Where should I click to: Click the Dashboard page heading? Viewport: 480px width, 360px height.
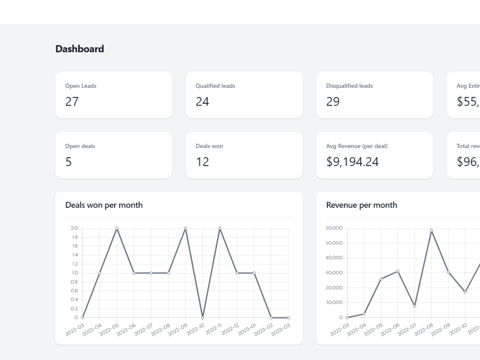pyautogui.click(x=80, y=49)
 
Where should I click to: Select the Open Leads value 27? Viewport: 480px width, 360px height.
pyautogui.click(x=72, y=102)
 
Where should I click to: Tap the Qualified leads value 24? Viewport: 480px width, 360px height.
pyautogui.click(x=202, y=102)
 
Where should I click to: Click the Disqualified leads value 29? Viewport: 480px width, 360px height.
pyautogui.click(x=333, y=102)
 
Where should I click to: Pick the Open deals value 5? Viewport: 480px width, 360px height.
pyautogui.click(x=69, y=162)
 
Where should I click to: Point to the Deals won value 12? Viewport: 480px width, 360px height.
pyautogui.click(x=202, y=162)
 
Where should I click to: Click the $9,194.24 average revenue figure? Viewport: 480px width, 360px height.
pyautogui.click(x=352, y=162)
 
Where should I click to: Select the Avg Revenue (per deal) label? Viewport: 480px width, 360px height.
pyautogui.click(x=357, y=146)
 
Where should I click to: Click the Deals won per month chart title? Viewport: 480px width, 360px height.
pyautogui.click(x=104, y=205)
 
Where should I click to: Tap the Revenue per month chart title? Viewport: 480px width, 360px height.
pyautogui.click(x=361, y=205)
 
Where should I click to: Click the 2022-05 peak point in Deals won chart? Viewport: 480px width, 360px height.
pyautogui.click(x=117, y=228)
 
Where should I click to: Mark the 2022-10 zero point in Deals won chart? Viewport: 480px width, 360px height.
pyautogui.click(x=203, y=317)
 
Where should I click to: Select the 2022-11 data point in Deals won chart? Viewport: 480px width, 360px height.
pyautogui.click(x=220, y=228)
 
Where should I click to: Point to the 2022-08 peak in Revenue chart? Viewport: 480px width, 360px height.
pyautogui.click(x=431, y=230)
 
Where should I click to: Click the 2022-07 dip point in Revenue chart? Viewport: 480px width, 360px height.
pyautogui.click(x=414, y=306)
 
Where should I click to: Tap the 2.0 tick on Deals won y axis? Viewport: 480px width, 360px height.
pyautogui.click(x=74, y=228)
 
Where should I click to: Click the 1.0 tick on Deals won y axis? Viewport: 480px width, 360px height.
pyautogui.click(x=74, y=273)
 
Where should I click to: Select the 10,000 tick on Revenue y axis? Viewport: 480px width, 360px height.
pyautogui.click(x=334, y=302)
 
